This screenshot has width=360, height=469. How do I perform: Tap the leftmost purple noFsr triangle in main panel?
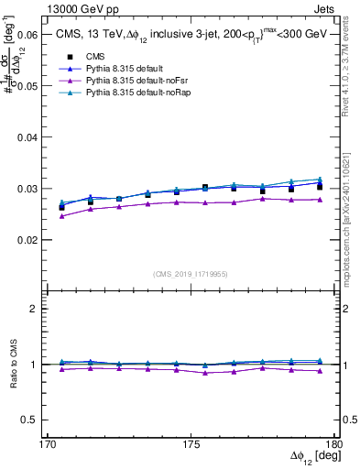pos(62,216)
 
